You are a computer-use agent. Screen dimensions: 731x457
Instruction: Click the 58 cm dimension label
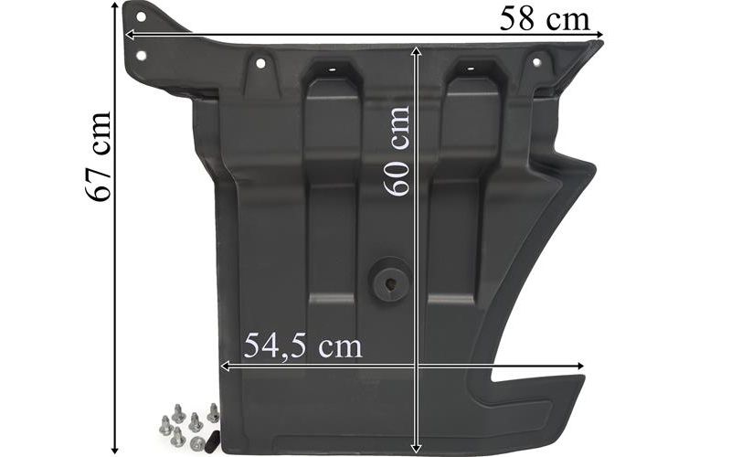coord(545,20)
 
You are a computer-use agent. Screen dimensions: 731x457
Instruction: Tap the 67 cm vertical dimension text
coord(99,156)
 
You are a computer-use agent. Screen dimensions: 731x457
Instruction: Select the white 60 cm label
coord(397,151)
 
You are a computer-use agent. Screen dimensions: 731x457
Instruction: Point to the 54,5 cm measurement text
coord(302,345)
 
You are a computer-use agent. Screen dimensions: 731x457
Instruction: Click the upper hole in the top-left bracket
coord(141,16)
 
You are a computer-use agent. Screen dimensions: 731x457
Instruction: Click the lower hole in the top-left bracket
coord(141,56)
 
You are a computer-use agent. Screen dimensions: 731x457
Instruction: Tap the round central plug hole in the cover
coord(389,282)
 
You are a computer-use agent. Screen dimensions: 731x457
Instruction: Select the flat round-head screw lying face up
coord(196,441)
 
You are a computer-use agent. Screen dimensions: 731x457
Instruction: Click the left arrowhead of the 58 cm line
coord(130,35)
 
